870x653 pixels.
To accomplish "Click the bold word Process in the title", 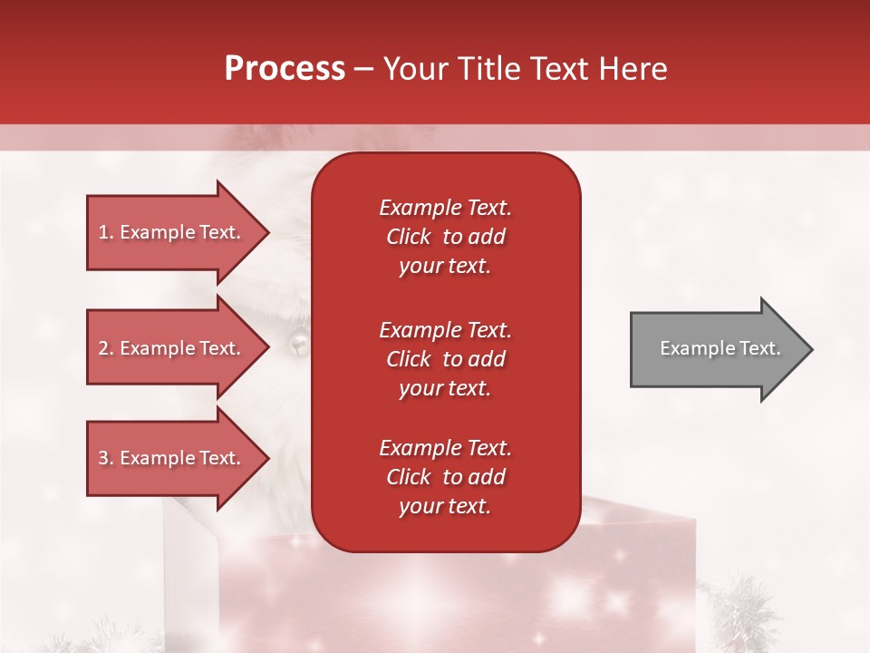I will pos(285,69).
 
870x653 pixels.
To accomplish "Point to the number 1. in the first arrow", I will pos(106,232).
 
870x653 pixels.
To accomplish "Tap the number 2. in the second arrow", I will pos(106,348).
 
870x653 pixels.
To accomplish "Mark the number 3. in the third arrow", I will pos(106,458).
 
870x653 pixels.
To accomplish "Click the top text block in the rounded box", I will pos(445,237).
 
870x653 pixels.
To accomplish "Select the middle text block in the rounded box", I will pos(445,359).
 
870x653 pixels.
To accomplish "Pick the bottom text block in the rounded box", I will pos(445,477).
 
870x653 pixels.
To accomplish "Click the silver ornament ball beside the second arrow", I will pos(297,343).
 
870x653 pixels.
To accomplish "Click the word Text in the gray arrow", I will pos(760,348).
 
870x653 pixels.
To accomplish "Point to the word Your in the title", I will pos(412,69).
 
